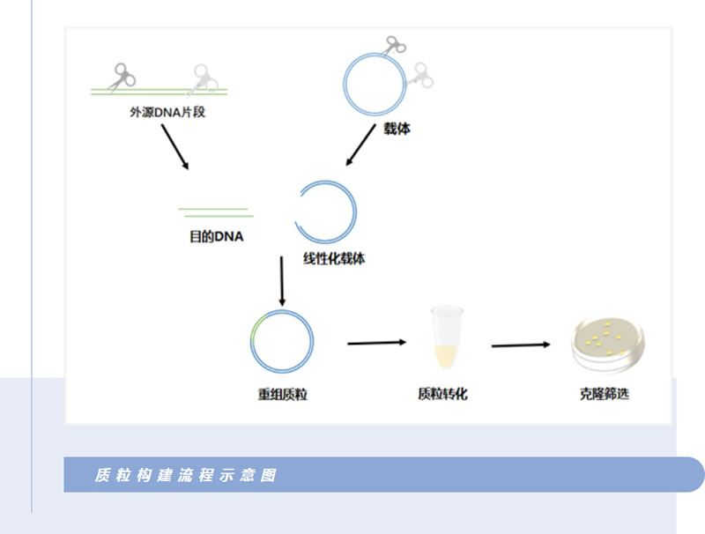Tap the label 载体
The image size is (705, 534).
coord(397,130)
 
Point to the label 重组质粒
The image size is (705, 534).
coord(282,395)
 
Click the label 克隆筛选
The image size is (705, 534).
coord(605,395)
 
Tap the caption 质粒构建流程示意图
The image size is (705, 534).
coord(186,475)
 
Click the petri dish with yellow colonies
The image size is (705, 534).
coord(606,344)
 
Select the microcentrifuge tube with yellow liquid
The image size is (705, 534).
coord(447,337)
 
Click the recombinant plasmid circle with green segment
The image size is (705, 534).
coord(282,341)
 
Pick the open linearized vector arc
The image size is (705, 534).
coord(327,211)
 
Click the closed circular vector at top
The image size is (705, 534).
coord(374,82)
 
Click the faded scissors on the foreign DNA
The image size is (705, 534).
coord(203,79)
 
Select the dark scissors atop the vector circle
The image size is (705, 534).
coord(393,44)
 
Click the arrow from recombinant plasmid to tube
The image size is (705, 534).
coord(376,342)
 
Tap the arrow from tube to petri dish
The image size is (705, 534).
coord(521,345)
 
